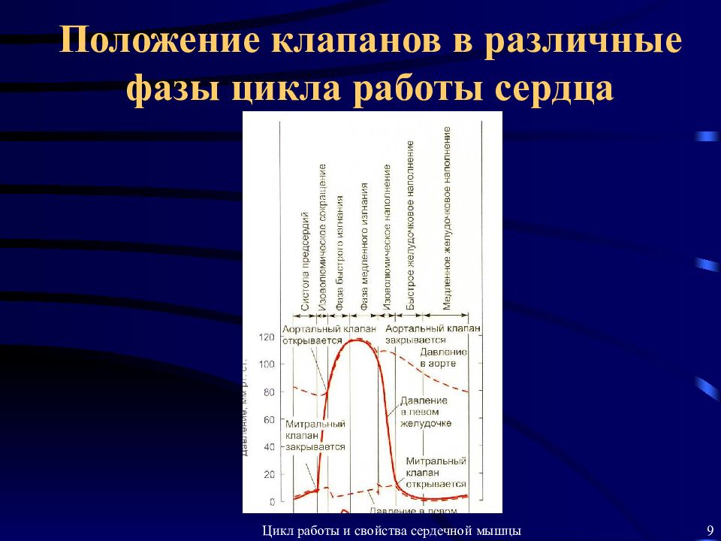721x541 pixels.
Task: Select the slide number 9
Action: click(x=710, y=530)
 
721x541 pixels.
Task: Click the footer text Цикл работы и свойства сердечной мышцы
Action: click(x=391, y=530)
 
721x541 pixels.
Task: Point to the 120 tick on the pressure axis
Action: click(x=267, y=337)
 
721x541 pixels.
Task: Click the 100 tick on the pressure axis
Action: click(x=267, y=364)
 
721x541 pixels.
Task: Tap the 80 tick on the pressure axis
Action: click(x=268, y=392)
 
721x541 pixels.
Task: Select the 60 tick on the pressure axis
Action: click(x=268, y=419)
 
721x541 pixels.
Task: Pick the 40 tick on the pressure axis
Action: click(x=268, y=447)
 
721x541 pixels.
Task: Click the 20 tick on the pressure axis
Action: click(x=268, y=474)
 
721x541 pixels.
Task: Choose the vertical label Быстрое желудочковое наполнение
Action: click(x=410, y=225)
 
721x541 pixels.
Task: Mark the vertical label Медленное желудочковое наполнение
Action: click(x=447, y=218)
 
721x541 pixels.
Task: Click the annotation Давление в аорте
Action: click(x=443, y=358)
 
